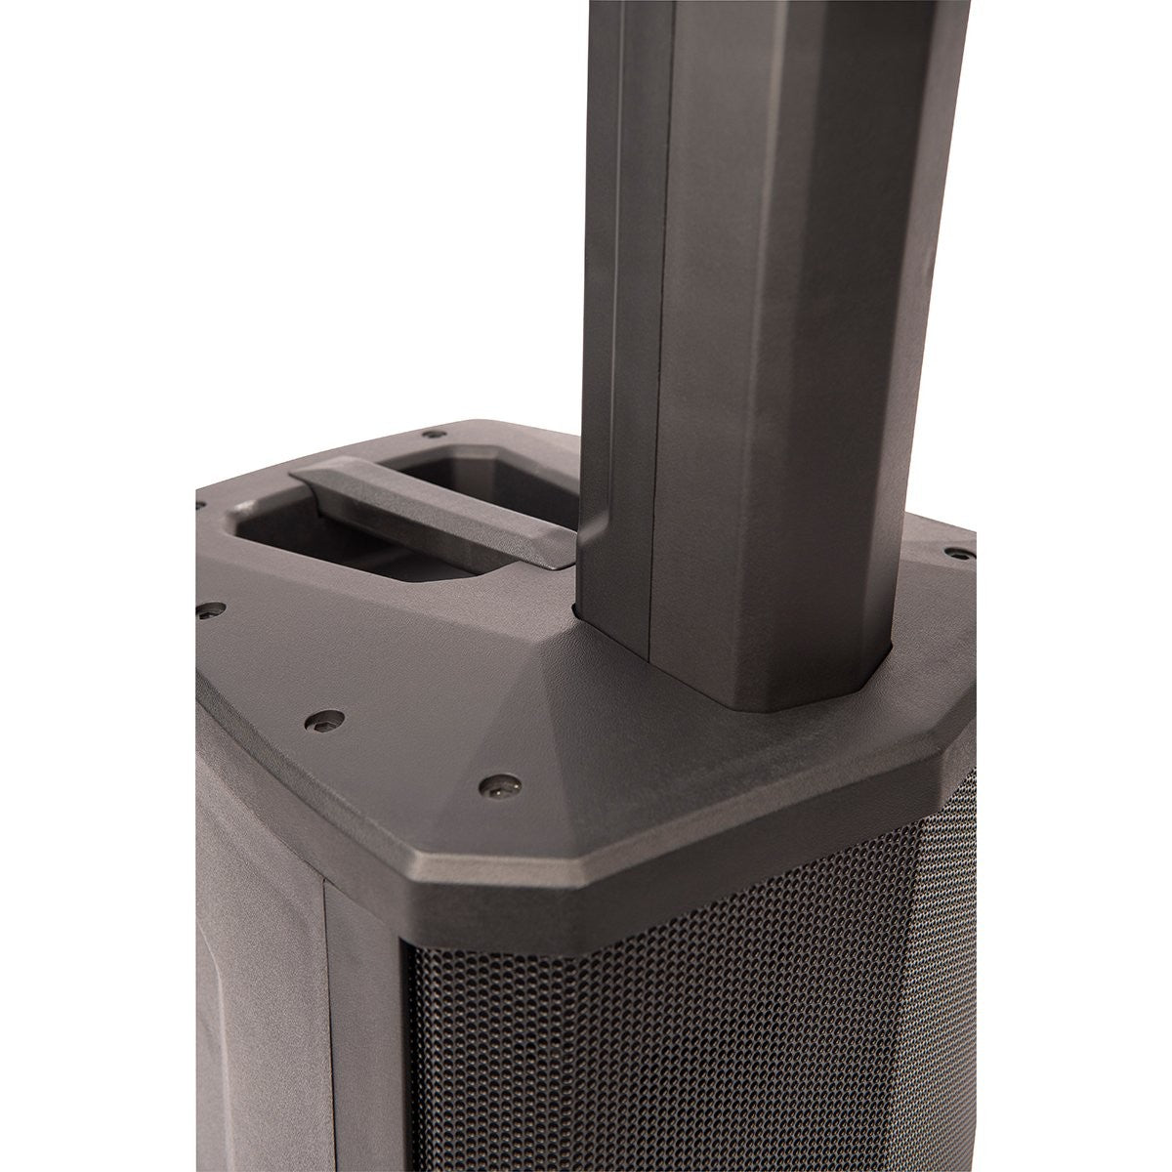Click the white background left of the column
[293, 195]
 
